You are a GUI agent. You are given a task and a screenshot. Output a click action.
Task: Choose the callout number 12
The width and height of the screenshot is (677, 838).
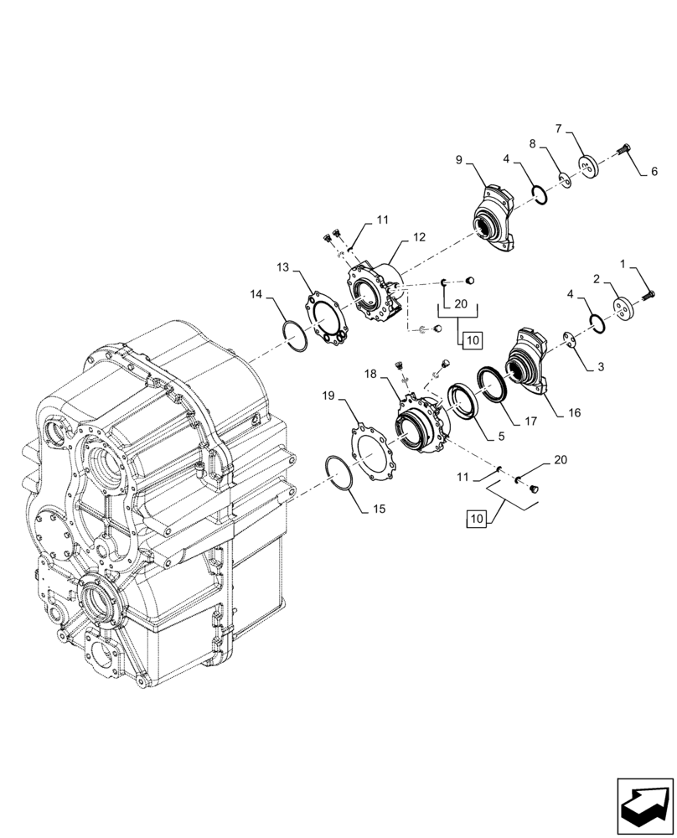419,237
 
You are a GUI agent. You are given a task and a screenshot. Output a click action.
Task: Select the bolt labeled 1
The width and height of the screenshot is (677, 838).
649,293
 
